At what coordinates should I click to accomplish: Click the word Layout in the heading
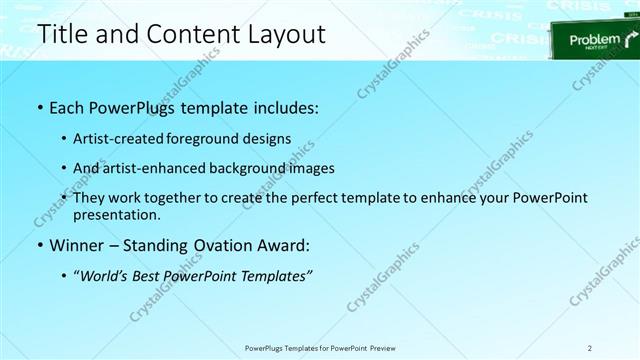(x=280, y=35)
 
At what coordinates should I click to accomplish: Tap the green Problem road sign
(x=593, y=42)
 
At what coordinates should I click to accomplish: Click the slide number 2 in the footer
(x=590, y=347)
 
